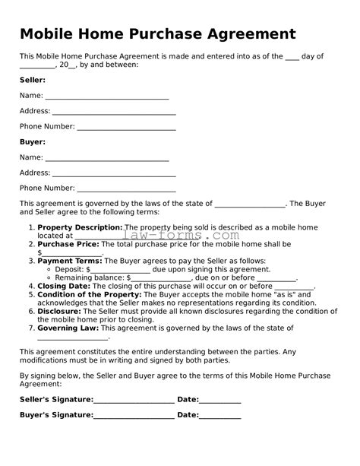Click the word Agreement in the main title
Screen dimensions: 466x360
tap(245, 34)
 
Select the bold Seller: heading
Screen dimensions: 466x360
tap(33, 80)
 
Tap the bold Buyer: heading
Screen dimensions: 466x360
tap(33, 141)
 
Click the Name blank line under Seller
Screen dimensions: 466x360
tap(107, 97)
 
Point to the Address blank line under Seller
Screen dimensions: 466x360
tap(114, 113)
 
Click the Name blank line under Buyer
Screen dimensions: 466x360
tap(107, 159)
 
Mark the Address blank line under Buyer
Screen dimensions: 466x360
tap(114, 174)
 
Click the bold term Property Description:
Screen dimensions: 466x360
tap(80, 227)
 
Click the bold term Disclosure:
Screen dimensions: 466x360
tap(58, 311)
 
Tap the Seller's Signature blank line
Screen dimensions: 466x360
tap(134, 401)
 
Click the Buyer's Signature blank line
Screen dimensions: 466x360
tap(134, 416)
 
